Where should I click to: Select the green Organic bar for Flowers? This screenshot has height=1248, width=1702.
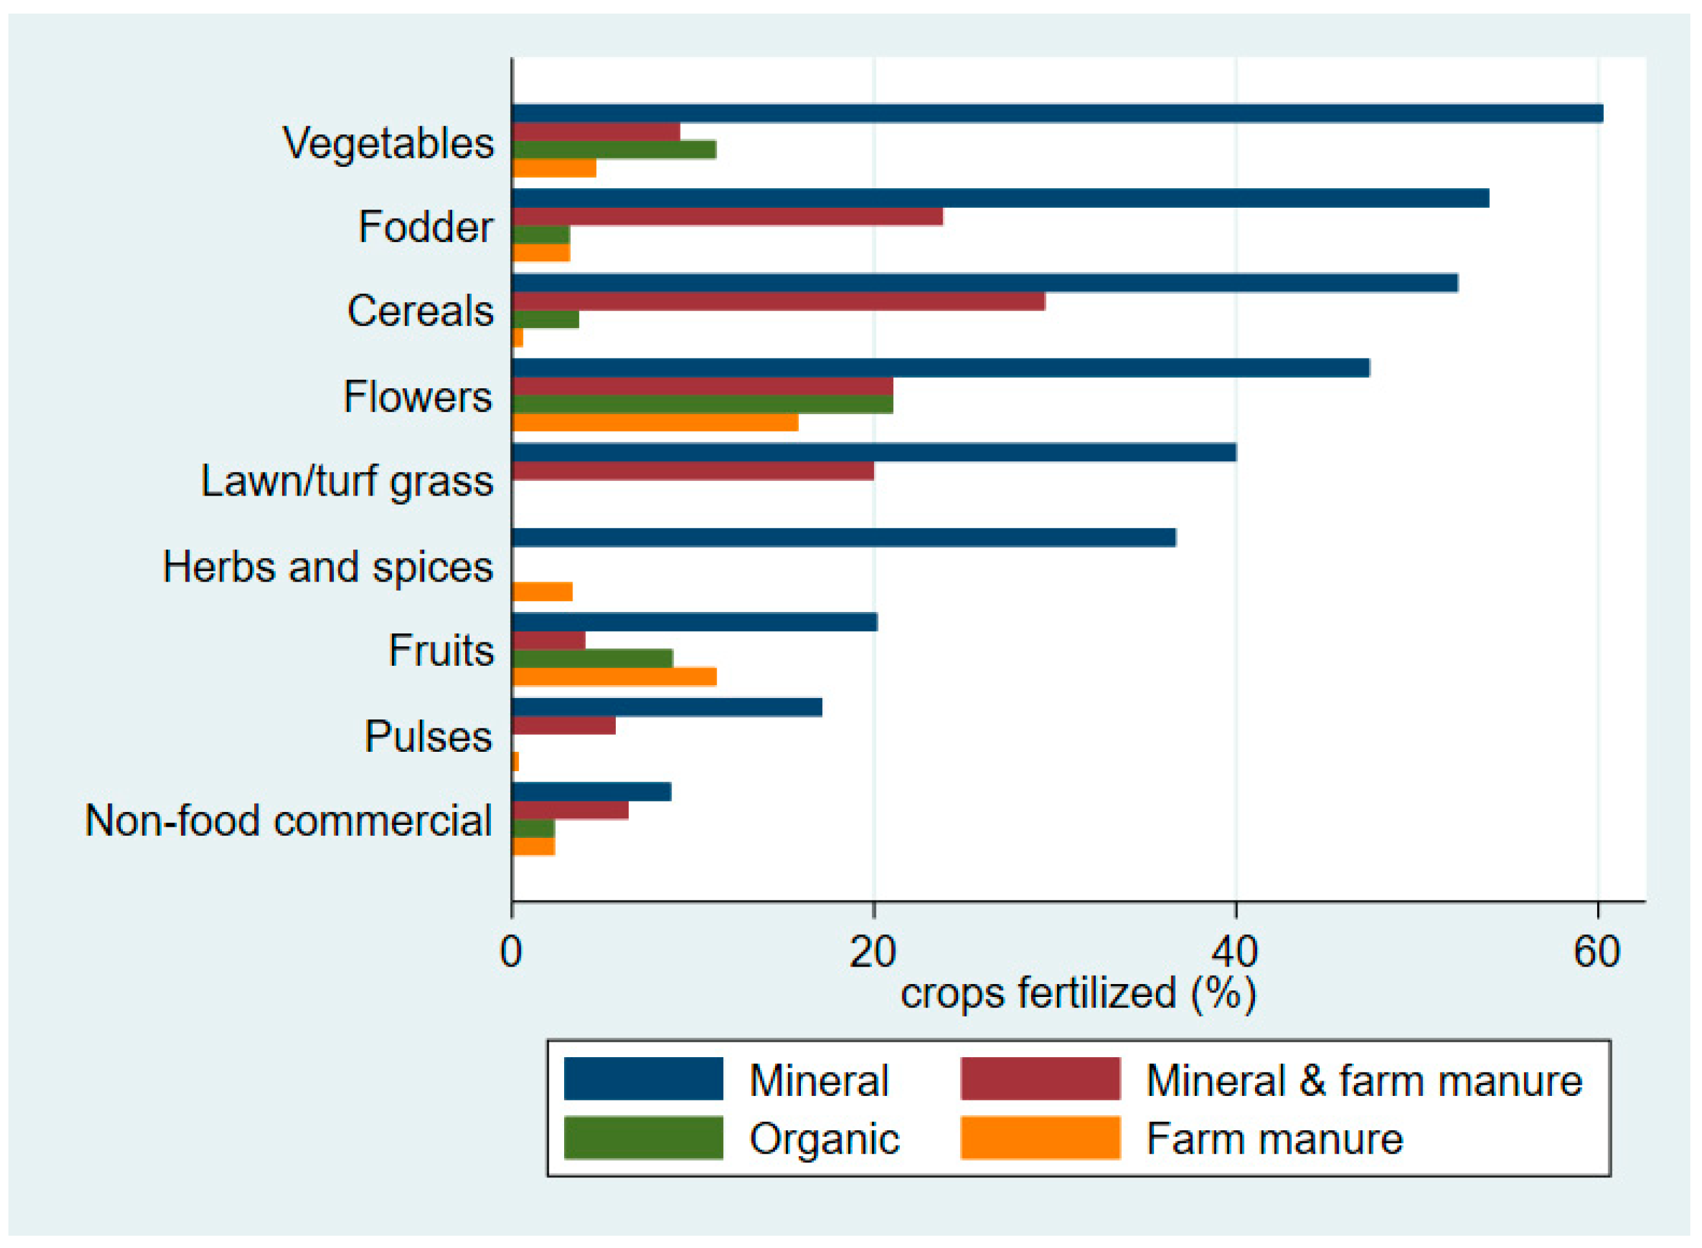(x=702, y=404)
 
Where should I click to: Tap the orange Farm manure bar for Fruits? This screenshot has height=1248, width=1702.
(x=613, y=677)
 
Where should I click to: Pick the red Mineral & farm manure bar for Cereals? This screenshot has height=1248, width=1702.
(x=778, y=301)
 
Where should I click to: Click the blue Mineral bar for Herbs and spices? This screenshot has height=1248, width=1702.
(x=843, y=537)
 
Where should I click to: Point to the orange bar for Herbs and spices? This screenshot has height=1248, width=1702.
(x=541, y=591)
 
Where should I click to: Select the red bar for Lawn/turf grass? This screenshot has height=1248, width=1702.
(x=693, y=470)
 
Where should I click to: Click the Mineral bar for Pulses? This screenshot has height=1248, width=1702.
(x=667, y=707)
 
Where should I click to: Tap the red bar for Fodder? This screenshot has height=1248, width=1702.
(x=728, y=217)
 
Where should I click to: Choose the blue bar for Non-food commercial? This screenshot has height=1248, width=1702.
(x=591, y=792)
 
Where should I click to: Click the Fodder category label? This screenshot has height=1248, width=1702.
(x=425, y=226)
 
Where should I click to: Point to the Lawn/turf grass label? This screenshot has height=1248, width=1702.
(x=347, y=481)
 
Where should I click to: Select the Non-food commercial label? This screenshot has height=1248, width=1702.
(x=289, y=820)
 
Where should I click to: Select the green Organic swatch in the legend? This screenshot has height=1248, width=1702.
(x=643, y=1138)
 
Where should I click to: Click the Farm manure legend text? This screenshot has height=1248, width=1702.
(x=1274, y=1139)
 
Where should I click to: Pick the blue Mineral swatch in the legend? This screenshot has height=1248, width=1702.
(x=643, y=1078)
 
